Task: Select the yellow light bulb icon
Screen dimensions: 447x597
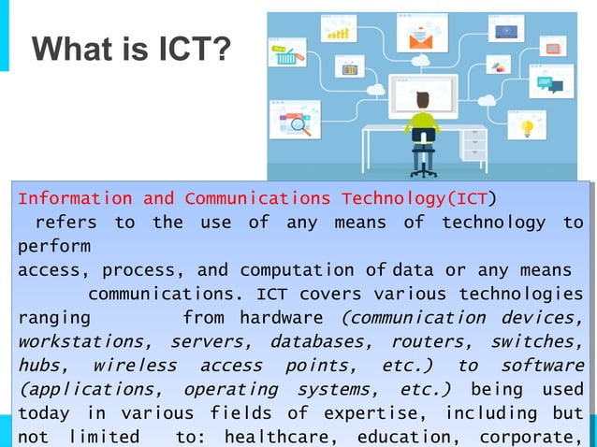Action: pos(528,125)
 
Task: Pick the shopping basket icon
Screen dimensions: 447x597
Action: pos(286,57)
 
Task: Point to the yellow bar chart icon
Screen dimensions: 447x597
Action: pos(338,34)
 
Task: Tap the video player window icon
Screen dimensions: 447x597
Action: pos(508,31)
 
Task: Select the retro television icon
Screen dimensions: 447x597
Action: pos(350,68)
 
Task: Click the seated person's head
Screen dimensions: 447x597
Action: pos(423,100)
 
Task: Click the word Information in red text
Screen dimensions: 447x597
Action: pos(75,198)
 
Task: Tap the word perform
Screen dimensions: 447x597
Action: pos(54,247)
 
